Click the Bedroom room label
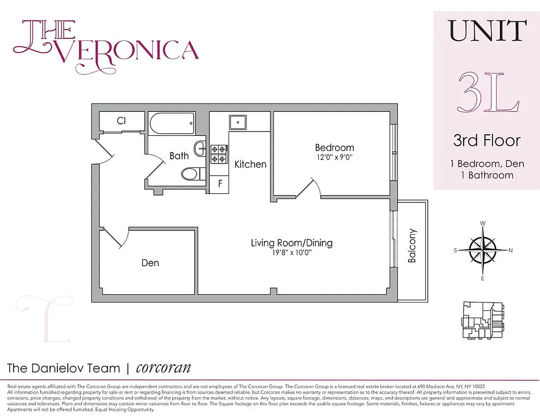point(334,147)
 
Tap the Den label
point(150,263)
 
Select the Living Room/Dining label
point(291,243)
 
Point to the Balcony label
point(412,246)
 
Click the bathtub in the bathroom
point(172,124)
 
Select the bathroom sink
point(200,149)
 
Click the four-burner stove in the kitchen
point(219,154)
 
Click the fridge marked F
point(220,184)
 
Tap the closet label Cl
point(122,121)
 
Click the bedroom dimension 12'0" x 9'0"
point(334,157)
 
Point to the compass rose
point(483,250)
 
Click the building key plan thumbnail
point(483,321)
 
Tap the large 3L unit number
point(488,92)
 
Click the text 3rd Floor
point(486,141)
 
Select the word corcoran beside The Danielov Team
point(163,367)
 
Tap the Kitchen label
point(250,164)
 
